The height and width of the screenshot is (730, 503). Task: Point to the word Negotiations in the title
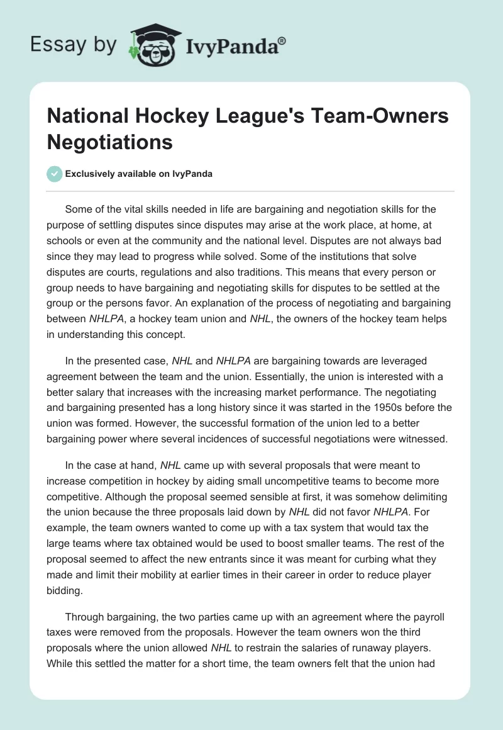click(x=110, y=142)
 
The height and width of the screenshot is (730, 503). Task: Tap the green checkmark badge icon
click(x=55, y=174)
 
